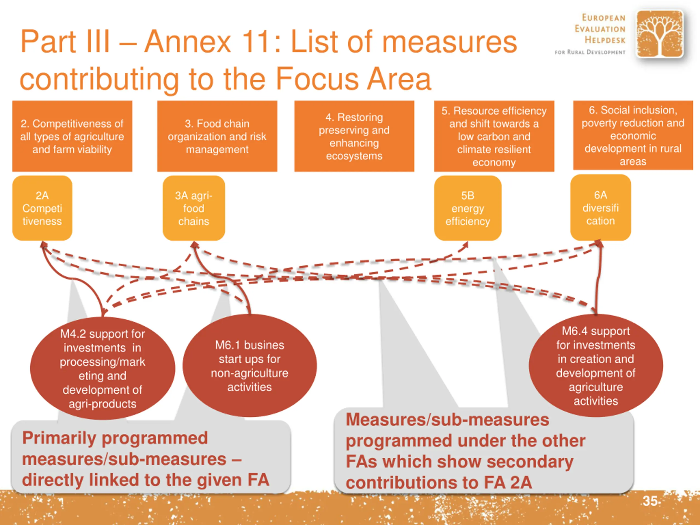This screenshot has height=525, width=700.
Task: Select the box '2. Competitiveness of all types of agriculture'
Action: pyautogui.click(x=72, y=136)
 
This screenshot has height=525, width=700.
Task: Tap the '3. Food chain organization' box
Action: pyautogui.click(x=217, y=136)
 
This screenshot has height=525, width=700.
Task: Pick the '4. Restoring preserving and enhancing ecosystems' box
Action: pyautogui.click(x=354, y=136)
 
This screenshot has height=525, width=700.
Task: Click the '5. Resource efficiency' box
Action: pyautogui.click(x=494, y=136)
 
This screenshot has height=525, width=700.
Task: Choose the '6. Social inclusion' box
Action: pyautogui.click(x=633, y=135)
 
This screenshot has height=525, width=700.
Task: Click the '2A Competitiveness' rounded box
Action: pyautogui.click(x=42, y=208)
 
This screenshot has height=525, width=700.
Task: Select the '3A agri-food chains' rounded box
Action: pyautogui.click(x=194, y=208)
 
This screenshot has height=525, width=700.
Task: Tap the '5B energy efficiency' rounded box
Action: pyautogui.click(x=468, y=208)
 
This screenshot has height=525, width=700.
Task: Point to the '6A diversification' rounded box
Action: pyautogui.click(x=600, y=208)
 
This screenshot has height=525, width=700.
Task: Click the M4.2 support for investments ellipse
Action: pyautogui.click(x=103, y=369)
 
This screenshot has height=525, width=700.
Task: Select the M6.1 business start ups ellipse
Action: pyautogui.click(x=250, y=366)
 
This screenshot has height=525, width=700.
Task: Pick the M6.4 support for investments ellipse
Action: pyautogui.click(x=596, y=366)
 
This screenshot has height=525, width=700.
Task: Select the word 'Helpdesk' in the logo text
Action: pyautogui.click(x=605, y=40)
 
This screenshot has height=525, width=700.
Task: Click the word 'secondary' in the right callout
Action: pyautogui.click(x=530, y=462)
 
